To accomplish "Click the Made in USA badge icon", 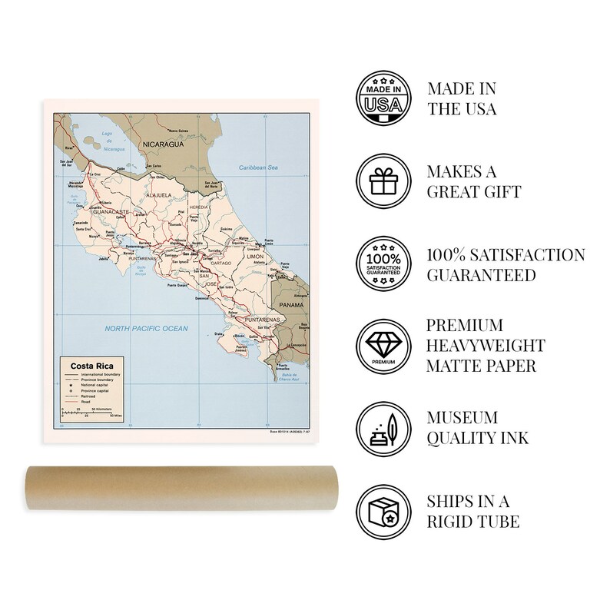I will click(382, 98).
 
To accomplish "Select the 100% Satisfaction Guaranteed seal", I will click(382, 264).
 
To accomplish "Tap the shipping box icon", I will click(382, 512).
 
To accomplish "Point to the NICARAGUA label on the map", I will click(158, 144).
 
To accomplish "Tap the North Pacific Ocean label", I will click(146, 328).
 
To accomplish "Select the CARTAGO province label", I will click(220, 264).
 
